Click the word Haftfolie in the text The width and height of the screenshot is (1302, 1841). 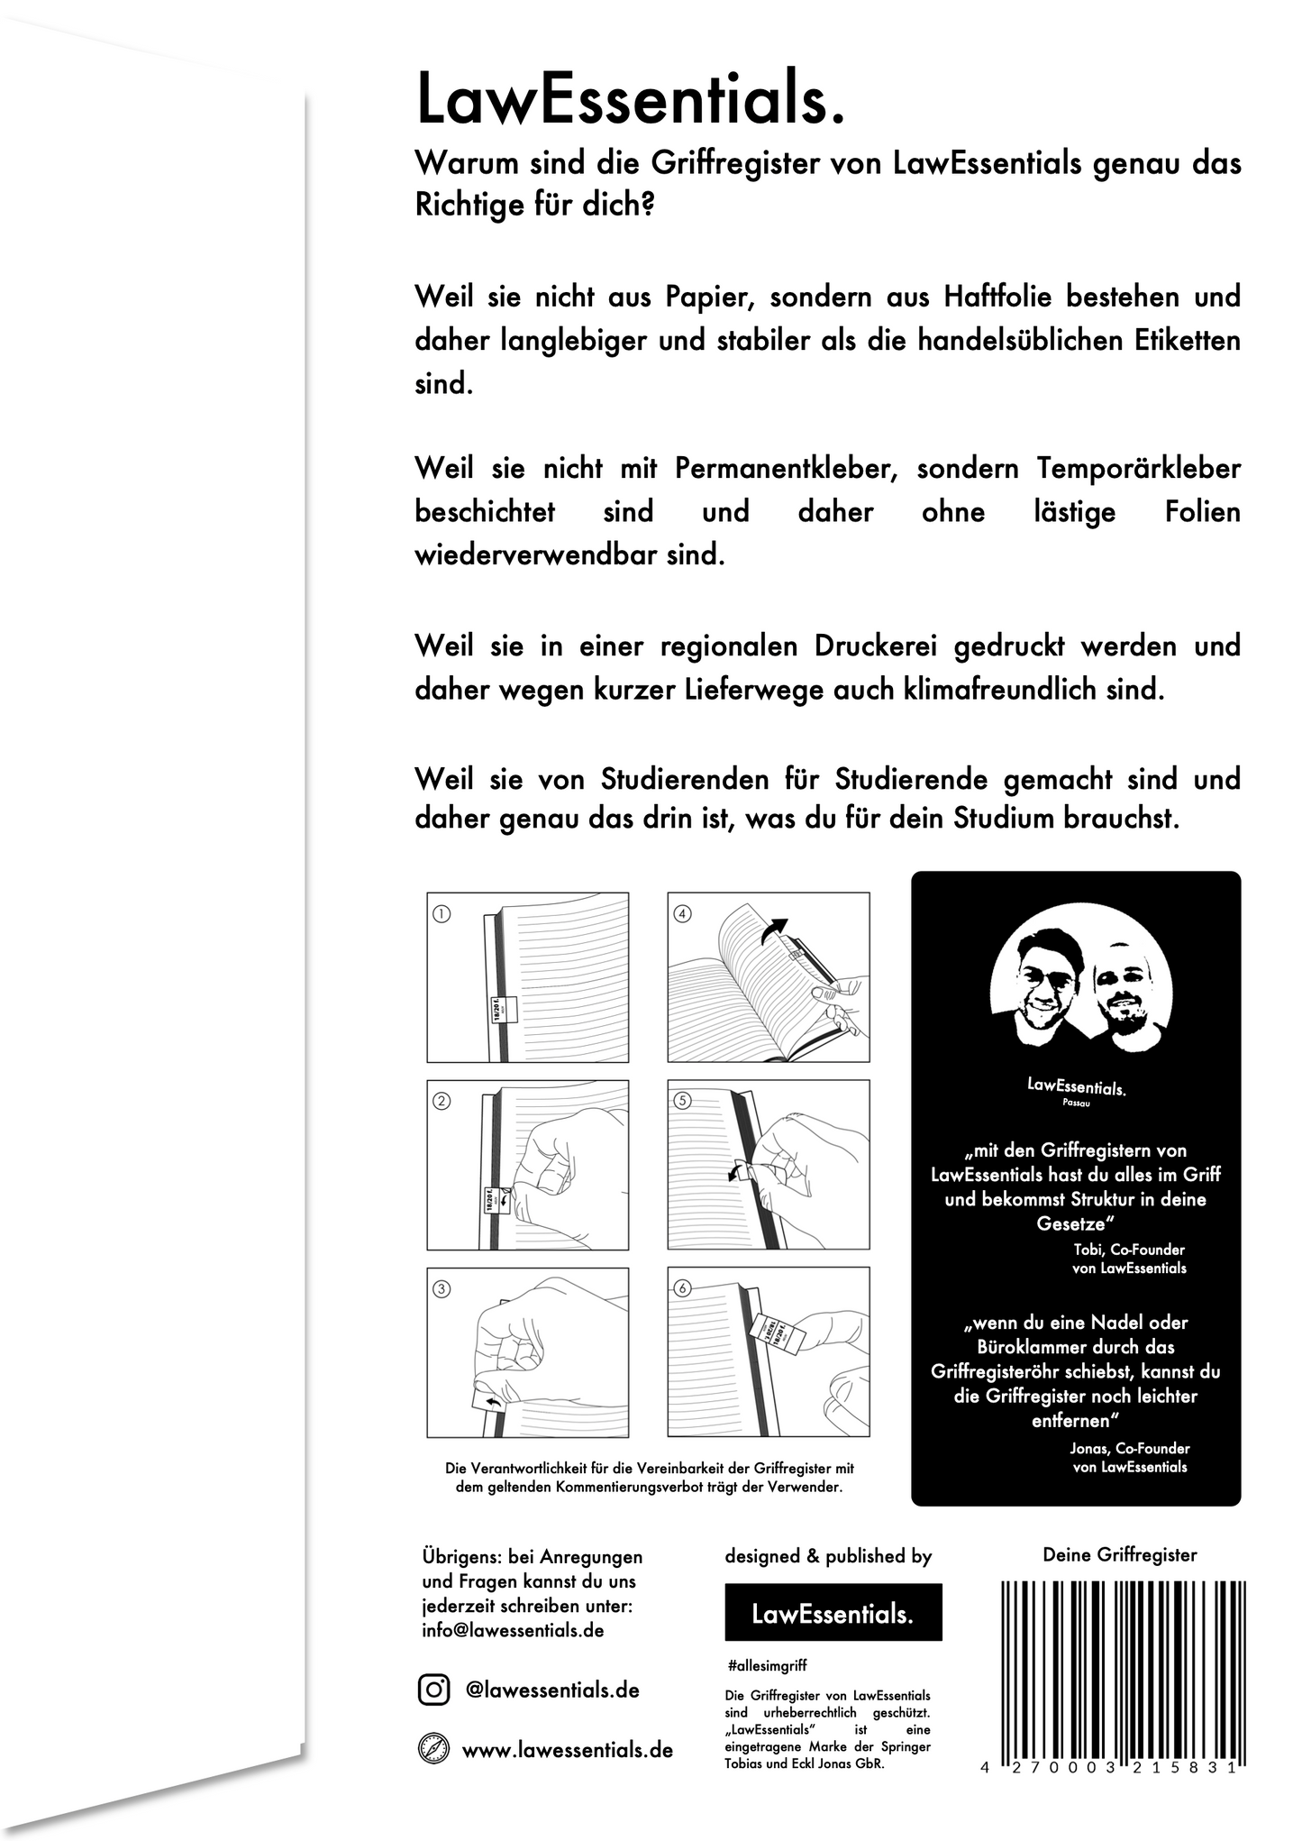(998, 297)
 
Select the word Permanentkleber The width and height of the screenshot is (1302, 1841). (788, 469)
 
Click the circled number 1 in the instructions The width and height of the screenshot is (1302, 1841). (442, 914)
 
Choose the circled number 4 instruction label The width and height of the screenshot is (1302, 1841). (682, 914)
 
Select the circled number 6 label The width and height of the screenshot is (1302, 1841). (682, 1288)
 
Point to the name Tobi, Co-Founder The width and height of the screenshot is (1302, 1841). (1129, 1250)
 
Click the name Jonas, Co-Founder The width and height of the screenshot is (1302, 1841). (1130, 1448)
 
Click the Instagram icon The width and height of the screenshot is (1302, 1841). (433, 1689)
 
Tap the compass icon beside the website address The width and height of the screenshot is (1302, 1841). (433, 1749)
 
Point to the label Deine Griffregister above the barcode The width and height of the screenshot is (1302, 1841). (1119, 1554)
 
